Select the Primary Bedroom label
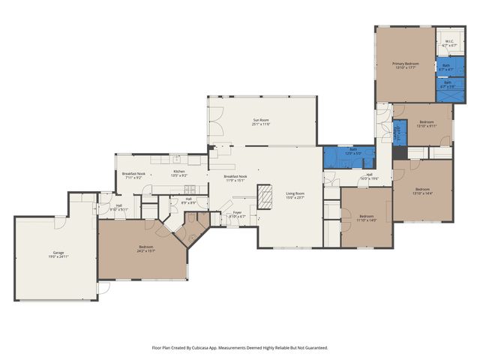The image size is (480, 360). point(405,65)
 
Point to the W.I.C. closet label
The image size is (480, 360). point(449,43)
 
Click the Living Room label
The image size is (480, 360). point(295,196)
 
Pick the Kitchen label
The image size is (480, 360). point(179,172)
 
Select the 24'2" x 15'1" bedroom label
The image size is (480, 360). point(145,249)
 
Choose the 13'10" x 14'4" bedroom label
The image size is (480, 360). point(422,190)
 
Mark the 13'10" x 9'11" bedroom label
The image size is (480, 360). point(426,124)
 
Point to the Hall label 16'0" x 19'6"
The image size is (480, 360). point(369,176)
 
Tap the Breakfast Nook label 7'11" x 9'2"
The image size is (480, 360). point(133,175)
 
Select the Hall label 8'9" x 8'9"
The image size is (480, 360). point(189,201)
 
